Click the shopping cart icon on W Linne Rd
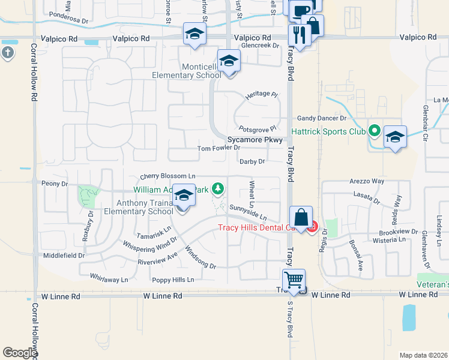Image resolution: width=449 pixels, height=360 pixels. (x=294, y=280)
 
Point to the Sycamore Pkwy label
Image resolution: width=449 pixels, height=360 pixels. (x=255, y=139)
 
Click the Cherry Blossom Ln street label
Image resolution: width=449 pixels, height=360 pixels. (x=168, y=176)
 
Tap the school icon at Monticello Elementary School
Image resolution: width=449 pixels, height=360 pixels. (x=228, y=61)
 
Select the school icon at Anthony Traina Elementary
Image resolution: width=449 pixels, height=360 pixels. (x=184, y=196)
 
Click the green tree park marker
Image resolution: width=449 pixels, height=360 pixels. (x=218, y=190)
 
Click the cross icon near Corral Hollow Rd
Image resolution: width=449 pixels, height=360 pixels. (x=7, y=53)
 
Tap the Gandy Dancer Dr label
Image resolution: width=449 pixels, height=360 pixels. (x=318, y=119)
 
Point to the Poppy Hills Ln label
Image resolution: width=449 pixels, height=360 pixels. (x=173, y=280)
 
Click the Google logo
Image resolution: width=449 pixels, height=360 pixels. (x=20, y=353)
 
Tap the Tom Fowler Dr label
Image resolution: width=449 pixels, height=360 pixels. (x=218, y=148)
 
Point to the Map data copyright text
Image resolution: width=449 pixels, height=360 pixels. (x=423, y=355)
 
